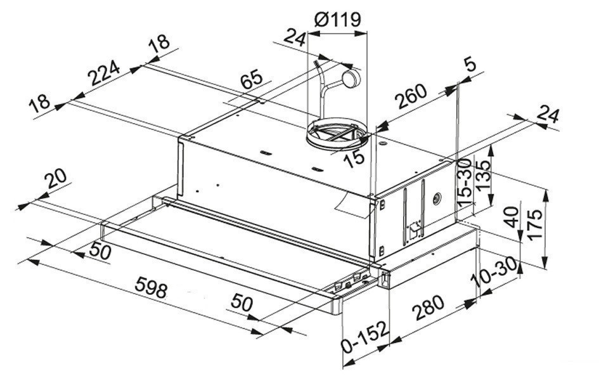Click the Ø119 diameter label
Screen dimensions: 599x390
tap(337, 20)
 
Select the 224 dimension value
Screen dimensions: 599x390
tap(103, 73)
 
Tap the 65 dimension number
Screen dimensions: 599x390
tap(252, 79)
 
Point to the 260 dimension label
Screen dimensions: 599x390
tap(410, 96)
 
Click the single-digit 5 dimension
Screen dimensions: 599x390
tap(470, 64)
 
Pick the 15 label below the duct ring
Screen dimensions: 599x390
tap(354, 157)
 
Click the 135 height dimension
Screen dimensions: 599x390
tap(482, 176)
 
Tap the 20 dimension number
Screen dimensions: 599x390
tap(56, 179)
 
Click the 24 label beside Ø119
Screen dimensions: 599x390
tap(295, 39)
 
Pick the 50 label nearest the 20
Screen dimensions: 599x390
tap(100, 251)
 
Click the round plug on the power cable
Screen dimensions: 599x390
tap(351, 79)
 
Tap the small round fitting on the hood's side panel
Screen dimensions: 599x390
tap(436, 198)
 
